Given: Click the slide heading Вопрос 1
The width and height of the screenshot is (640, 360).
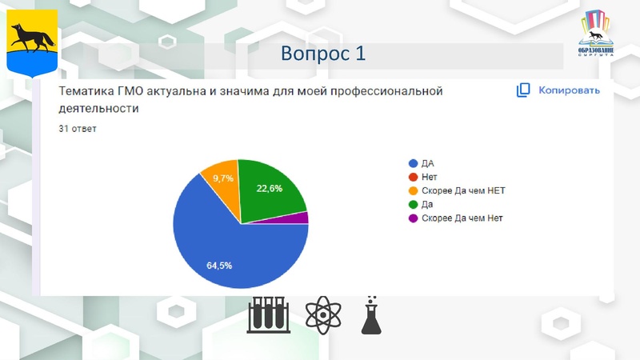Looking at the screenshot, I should pos(323,54).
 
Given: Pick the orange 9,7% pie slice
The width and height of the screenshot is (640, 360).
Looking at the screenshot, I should pos(223,183).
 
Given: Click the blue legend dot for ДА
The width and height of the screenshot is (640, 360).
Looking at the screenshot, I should pos(413,163).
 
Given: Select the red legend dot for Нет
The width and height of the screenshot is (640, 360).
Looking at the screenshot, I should pos(413,177).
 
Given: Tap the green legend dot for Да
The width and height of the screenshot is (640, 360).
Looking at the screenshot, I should pos(413,204).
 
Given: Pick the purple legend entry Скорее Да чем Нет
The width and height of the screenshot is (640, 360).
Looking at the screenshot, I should pos(462,218).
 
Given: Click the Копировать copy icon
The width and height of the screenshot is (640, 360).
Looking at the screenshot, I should pos(523,90).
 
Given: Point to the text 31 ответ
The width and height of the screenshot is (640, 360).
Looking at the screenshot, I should pos(78,128).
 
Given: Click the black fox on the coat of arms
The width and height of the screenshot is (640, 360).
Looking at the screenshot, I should pos(32,36).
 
